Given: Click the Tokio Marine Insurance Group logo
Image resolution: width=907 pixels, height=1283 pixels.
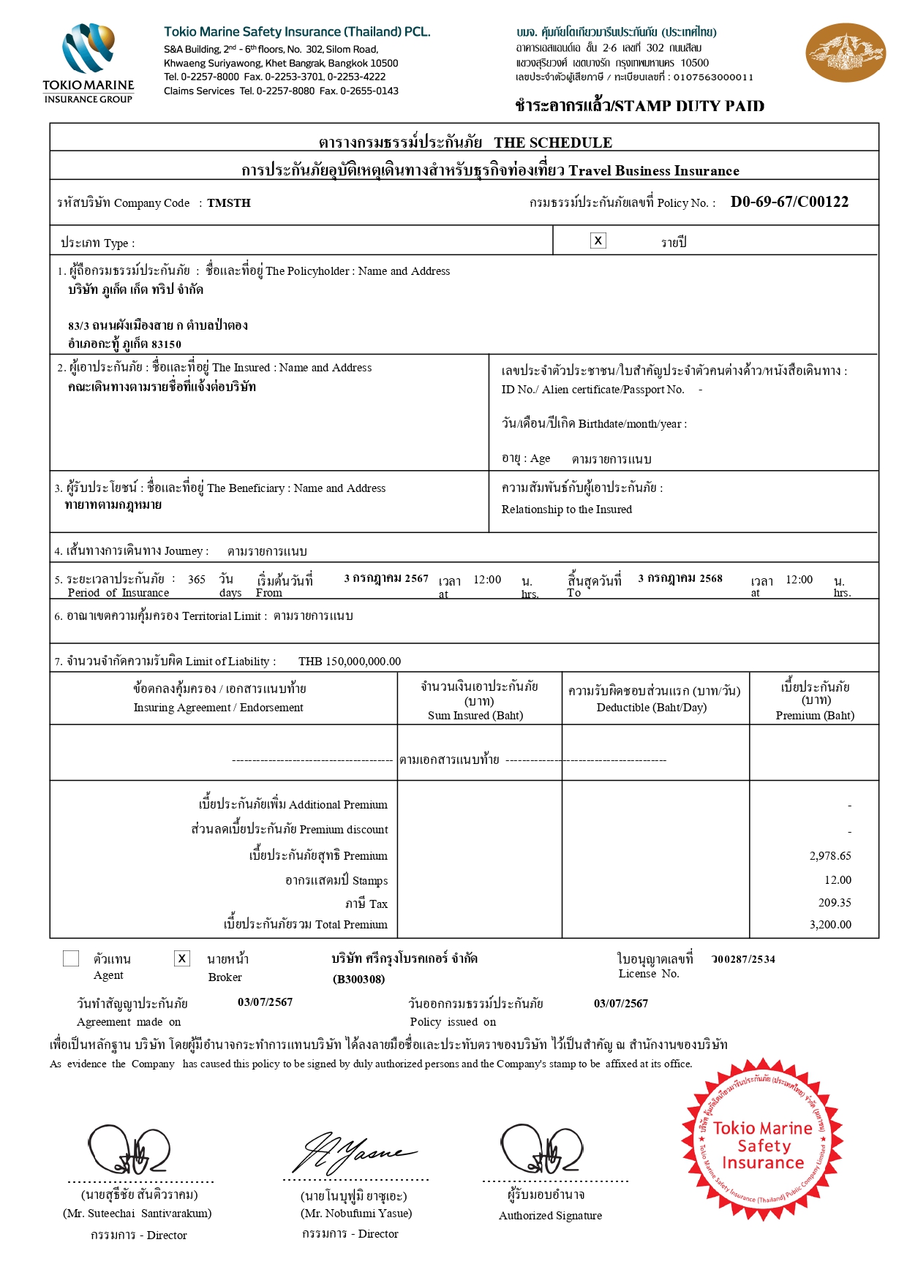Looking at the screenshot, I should pyautogui.click(x=89, y=63).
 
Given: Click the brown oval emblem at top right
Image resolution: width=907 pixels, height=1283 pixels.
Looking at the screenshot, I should pyautogui.click(x=845, y=53).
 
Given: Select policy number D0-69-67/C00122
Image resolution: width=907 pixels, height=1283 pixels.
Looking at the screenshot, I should pyautogui.click(x=789, y=203).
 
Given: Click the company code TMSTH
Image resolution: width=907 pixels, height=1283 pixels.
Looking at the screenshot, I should pyautogui.click(x=229, y=203).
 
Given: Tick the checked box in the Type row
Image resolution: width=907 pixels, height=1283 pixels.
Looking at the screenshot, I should pyautogui.click(x=598, y=241).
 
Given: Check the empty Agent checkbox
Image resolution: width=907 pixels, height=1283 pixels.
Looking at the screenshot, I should pyautogui.click(x=71, y=958).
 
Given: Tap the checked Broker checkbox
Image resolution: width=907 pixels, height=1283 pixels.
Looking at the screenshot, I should pyautogui.click(x=182, y=958).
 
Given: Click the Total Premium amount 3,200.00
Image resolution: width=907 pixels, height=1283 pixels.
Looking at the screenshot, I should pyautogui.click(x=830, y=925).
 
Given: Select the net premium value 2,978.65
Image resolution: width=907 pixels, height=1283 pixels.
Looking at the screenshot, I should pyautogui.click(x=830, y=856).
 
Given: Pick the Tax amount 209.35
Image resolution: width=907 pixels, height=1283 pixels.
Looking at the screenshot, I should pyautogui.click(x=835, y=903).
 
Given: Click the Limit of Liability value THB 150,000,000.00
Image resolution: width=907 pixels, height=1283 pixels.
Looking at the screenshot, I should pyautogui.click(x=350, y=662).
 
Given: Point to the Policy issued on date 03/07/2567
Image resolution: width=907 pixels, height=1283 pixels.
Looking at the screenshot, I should pyautogui.click(x=621, y=1004).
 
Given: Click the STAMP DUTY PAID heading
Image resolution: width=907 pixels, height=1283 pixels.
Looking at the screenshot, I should pyautogui.click(x=639, y=106).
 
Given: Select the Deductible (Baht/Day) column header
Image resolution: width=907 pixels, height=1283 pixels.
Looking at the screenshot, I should pyautogui.click(x=654, y=699).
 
